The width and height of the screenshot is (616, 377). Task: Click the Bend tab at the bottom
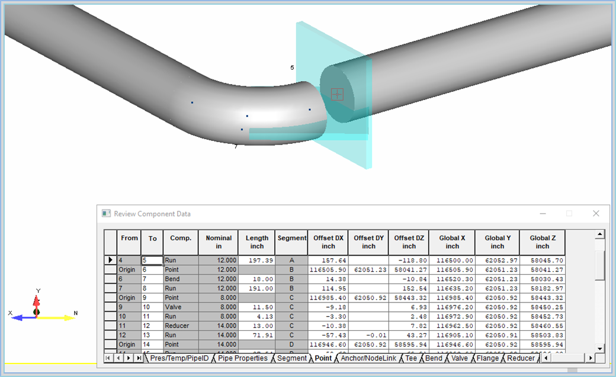tap(434, 358)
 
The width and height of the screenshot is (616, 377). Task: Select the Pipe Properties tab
tap(243, 358)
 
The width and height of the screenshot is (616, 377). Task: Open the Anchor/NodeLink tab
tap(368, 358)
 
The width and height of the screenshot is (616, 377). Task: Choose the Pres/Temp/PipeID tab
tap(179, 358)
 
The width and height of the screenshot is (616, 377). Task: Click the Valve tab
tap(460, 358)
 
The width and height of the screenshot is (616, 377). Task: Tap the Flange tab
tap(487, 358)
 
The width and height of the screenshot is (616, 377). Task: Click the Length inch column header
tap(257, 242)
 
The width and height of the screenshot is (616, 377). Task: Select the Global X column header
tap(452, 242)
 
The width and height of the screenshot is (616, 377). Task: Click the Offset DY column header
tap(368, 242)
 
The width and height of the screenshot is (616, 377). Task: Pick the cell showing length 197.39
tap(257, 260)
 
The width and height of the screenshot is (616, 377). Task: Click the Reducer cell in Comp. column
tap(180, 326)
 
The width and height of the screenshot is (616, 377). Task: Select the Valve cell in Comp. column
tap(180, 307)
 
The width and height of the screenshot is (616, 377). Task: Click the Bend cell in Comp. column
tap(180, 279)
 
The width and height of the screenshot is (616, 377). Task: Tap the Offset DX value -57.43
tap(328, 336)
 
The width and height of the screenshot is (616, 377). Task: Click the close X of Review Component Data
tap(596, 214)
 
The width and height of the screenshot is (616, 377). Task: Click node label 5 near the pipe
tap(292, 68)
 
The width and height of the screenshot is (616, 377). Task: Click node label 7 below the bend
tap(236, 146)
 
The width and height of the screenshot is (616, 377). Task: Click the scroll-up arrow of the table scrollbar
tap(600, 235)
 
